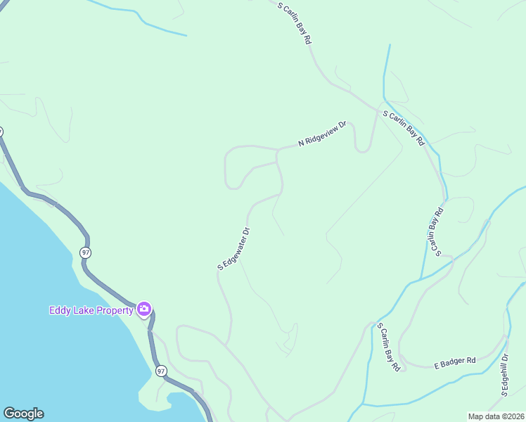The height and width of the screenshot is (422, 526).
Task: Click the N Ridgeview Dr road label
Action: point(323,134)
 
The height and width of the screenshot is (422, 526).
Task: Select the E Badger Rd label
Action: point(454,361)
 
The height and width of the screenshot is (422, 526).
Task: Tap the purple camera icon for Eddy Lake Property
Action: point(144,309)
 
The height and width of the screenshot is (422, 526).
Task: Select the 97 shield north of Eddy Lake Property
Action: point(85,252)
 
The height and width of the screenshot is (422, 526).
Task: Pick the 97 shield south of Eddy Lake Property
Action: point(161,371)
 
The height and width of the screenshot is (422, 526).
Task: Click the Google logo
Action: point(23,414)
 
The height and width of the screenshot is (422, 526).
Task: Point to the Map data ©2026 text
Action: point(494,416)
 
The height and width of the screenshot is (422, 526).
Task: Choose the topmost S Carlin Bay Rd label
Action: point(294,23)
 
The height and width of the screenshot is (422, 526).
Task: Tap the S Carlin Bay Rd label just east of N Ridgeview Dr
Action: point(404,127)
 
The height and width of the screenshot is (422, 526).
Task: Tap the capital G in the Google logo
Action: point(9,414)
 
